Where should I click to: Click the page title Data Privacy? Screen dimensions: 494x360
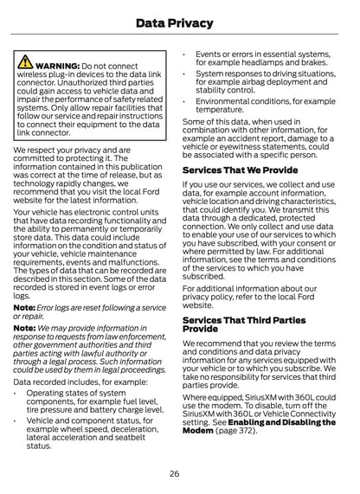click(x=180, y=21)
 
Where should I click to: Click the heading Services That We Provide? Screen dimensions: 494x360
click(x=240, y=170)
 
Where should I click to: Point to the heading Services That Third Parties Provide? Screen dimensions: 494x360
click(x=245, y=324)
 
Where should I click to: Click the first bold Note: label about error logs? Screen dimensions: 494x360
click(x=24, y=307)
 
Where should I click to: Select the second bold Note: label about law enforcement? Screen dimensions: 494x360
click(x=24, y=329)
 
